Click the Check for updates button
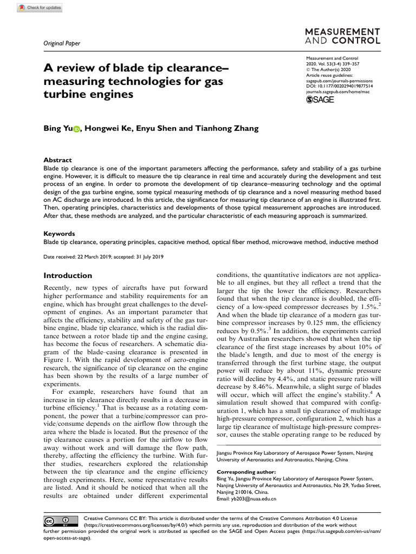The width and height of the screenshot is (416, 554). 41,8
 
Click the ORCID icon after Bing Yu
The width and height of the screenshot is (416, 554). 75,129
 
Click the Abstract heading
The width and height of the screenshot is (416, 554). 57,160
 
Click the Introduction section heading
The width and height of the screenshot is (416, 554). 68,275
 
